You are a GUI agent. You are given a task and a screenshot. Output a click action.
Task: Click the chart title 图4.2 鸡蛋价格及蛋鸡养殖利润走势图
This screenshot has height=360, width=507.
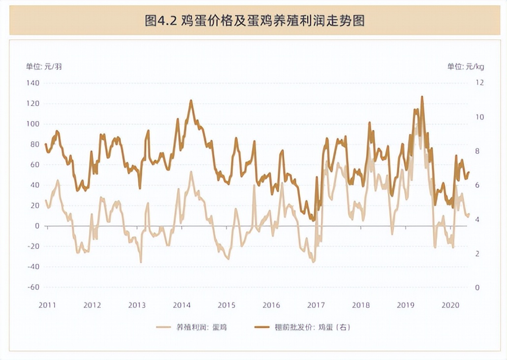[254, 21]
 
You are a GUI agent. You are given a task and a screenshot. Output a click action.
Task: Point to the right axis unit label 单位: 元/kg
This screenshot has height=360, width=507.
[465, 66]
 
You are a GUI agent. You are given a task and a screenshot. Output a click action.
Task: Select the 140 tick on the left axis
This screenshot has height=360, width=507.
[33, 83]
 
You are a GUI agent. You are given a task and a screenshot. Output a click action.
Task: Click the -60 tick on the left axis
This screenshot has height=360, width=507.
[33, 287]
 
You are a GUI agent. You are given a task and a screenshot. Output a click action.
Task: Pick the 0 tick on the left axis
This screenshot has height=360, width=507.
[37, 226]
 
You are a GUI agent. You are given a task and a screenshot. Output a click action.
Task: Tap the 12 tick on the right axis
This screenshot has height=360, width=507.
[479, 83]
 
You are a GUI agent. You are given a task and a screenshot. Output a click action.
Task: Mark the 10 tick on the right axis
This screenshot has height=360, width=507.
[479, 117]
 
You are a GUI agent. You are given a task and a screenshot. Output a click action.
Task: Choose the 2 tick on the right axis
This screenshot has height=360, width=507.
[477, 253]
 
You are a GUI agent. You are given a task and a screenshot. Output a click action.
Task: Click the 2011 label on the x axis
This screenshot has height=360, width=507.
[47, 305]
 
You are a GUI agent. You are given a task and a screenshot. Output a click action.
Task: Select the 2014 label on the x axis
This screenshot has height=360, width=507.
[182, 305]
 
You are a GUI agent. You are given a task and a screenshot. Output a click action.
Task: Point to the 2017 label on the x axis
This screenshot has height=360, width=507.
[316, 305]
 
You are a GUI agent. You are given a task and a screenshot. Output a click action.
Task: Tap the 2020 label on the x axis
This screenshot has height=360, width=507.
[450, 305]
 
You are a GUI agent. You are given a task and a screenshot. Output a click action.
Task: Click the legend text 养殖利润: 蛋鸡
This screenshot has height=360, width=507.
[202, 327]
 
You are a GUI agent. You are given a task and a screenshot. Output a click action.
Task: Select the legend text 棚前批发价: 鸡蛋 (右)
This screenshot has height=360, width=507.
[313, 327]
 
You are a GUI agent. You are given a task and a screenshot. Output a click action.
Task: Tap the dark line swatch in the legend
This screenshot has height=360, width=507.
[262, 327]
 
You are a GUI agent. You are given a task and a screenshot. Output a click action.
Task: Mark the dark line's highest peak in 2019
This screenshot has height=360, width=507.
[422, 97]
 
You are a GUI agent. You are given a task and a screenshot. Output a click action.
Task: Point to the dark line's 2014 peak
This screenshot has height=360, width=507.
[191, 100]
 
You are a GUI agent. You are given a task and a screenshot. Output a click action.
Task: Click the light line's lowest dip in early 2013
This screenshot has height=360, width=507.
[141, 262]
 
